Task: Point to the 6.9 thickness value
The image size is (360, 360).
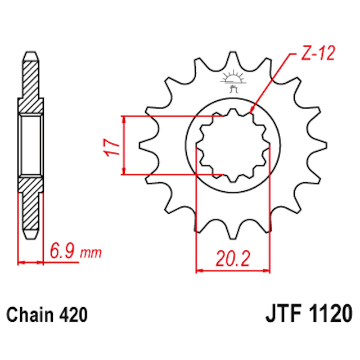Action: pyautogui.click(x=62, y=249)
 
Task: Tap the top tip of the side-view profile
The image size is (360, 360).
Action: pyautogui.click(x=31, y=53)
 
